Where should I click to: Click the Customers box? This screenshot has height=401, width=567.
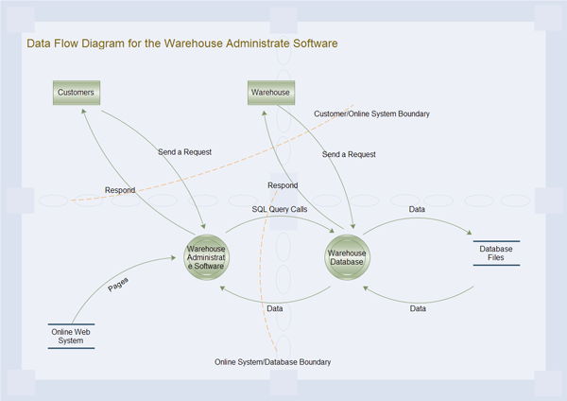point(76,93)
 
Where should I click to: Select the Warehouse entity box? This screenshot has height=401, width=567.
point(270,93)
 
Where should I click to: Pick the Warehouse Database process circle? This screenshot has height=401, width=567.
point(346,255)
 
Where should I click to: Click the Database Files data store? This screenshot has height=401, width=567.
point(497,253)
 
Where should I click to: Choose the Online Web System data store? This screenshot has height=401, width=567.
point(72,336)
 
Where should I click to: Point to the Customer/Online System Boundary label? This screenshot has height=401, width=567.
point(371,113)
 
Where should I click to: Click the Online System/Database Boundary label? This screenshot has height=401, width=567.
point(272,362)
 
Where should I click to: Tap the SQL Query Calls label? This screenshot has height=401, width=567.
point(279,209)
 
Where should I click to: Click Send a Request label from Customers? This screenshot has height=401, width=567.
point(184,151)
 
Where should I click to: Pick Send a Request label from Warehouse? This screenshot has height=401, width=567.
point(349,154)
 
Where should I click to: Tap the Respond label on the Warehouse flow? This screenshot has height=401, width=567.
point(283,185)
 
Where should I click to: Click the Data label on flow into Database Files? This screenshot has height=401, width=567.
point(416,209)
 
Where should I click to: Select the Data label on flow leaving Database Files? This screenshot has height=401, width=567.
point(417,309)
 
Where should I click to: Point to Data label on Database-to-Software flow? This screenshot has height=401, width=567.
point(274,309)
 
